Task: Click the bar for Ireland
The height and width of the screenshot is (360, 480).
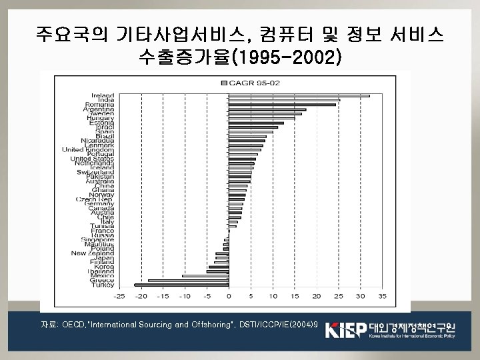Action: pos(299,95)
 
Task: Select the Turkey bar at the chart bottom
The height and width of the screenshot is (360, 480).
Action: pos(181,285)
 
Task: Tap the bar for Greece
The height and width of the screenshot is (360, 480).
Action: pos(188,281)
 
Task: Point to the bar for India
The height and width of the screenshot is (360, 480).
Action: pos(284,100)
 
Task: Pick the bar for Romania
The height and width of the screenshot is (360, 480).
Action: pos(282,105)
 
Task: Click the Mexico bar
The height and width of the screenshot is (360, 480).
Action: pos(205,276)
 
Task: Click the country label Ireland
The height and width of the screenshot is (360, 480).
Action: pos(102,95)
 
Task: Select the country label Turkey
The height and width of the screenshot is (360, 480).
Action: pos(103,285)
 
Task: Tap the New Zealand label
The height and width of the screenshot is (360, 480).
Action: pos(93,253)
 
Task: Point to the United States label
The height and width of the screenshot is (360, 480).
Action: pos(93,159)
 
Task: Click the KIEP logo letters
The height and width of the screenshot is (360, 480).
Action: pos(345,330)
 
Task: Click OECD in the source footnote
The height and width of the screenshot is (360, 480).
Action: pos(71,325)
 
